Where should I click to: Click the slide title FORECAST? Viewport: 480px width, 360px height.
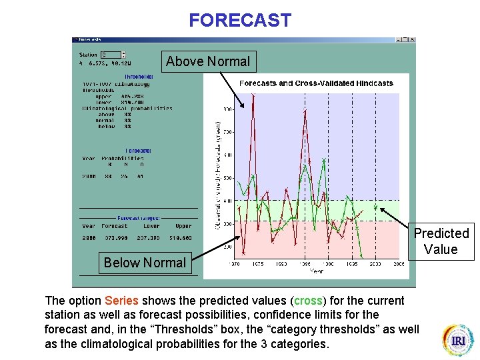click(240, 20)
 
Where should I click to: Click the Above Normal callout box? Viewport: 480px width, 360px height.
click(208, 61)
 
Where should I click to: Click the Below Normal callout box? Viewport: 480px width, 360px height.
click(145, 263)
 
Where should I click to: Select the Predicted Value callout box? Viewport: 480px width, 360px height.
click(441, 241)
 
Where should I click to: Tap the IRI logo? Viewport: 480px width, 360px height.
click(459, 340)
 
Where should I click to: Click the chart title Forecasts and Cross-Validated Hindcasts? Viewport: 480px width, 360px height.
click(316, 83)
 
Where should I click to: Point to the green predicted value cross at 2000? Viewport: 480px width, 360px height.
click(375, 207)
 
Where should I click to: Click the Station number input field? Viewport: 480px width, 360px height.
click(111, 55)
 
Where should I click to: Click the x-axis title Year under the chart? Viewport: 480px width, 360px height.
click(317, 271)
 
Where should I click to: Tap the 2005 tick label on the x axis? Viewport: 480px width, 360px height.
click(398, 264)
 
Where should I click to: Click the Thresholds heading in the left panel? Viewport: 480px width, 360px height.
click(139, 77)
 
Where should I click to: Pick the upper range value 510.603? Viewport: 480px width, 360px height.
click(179, 238)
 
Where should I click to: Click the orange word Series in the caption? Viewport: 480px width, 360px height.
click(121, 301)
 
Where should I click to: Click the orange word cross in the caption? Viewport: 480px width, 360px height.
click(308, 301)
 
